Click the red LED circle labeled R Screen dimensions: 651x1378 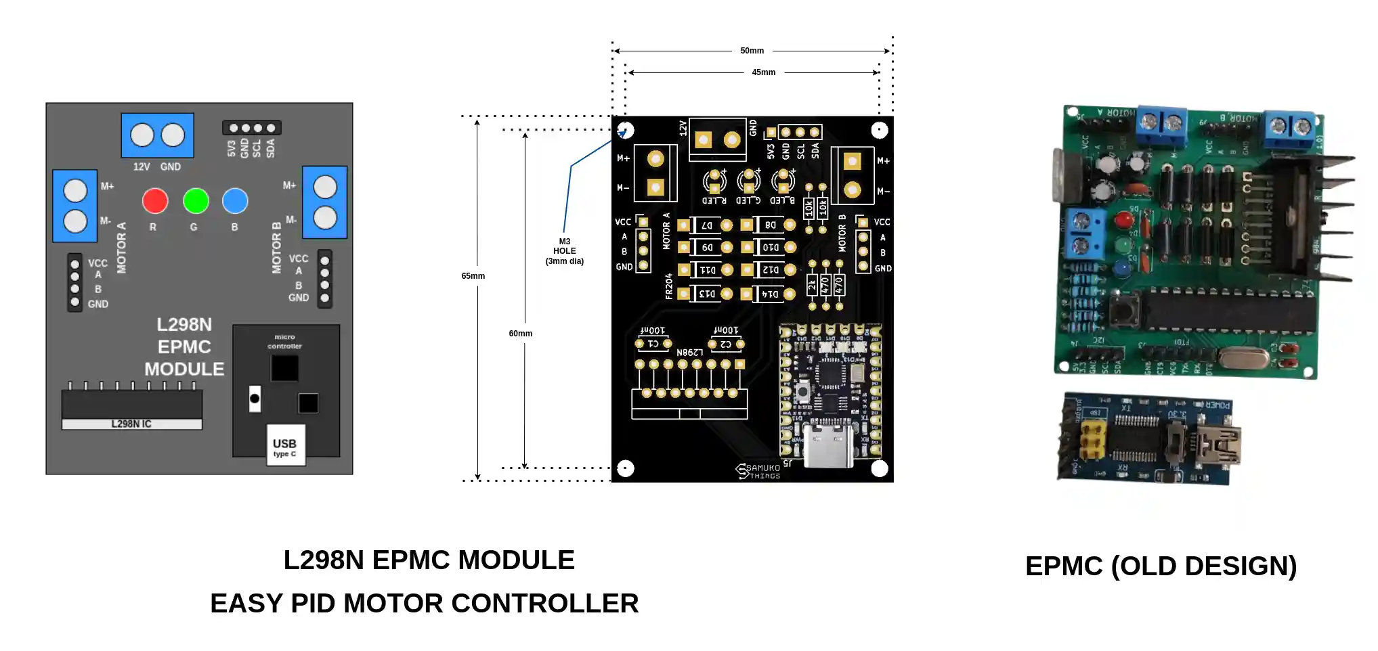[x=155, y=201]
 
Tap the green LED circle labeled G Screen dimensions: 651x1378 [x=196, y=201]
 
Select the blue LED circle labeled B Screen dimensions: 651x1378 [x=235, y=201]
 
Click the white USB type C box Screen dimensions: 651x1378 [x=285, y=445]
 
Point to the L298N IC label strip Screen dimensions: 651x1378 [x=131, y=424]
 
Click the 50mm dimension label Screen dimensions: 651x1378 [x=752, y=51]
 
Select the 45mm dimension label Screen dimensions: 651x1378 [x=763, y=72]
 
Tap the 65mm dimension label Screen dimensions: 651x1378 [x=473, y=276]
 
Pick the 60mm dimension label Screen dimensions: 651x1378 [x=520, y=334]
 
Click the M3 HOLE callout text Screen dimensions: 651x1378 [x=564, y=251]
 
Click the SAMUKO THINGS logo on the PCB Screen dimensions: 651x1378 [x=758, y=471]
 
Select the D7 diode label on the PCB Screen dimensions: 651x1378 [x=706, y=225]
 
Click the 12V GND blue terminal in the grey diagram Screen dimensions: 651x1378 [x=157, y=135]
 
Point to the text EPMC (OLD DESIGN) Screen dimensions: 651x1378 [x=1161, y=566]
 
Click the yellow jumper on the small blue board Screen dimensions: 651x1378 [x=1091, y=437]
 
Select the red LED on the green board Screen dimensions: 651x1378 [x=1124, y=220]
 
